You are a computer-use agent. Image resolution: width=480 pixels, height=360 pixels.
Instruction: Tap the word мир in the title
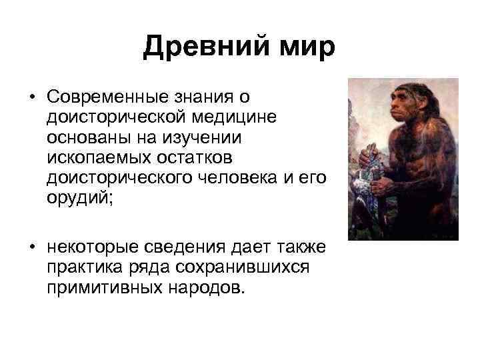(x=305, y=47)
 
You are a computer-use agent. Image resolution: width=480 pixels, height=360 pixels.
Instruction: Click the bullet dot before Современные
(x=31, y=98)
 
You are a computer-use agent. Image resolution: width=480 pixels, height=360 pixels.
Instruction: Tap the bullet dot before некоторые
(x=31, y=248)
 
